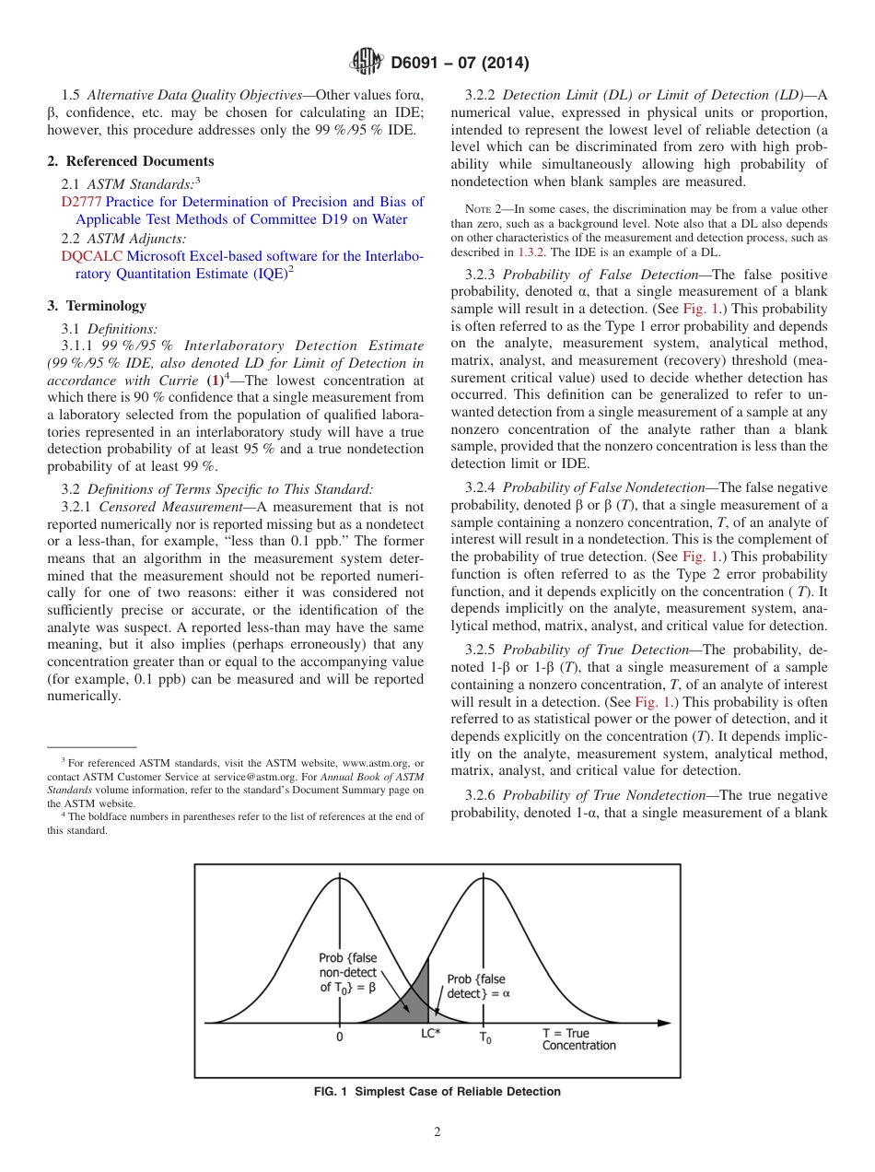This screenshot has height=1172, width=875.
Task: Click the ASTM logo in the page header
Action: pos(366,64)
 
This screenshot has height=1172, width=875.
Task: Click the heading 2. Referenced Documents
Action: pos(130,161)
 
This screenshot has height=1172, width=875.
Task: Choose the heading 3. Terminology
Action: pos(96,306)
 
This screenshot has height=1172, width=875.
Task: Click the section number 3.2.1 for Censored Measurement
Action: pos(78,507)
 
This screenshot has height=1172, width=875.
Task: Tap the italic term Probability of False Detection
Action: pos(601,275)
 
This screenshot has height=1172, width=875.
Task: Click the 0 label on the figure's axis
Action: pos(339,1036)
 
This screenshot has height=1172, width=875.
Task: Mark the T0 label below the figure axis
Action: pos(484,1037)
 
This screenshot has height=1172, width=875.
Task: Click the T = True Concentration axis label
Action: pos(578,1039)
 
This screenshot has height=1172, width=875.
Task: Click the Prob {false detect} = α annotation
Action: pos(477,986)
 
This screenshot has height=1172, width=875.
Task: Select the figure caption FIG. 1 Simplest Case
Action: pos(437,1092)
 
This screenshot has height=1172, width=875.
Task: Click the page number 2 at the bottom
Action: pos(437,1132)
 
